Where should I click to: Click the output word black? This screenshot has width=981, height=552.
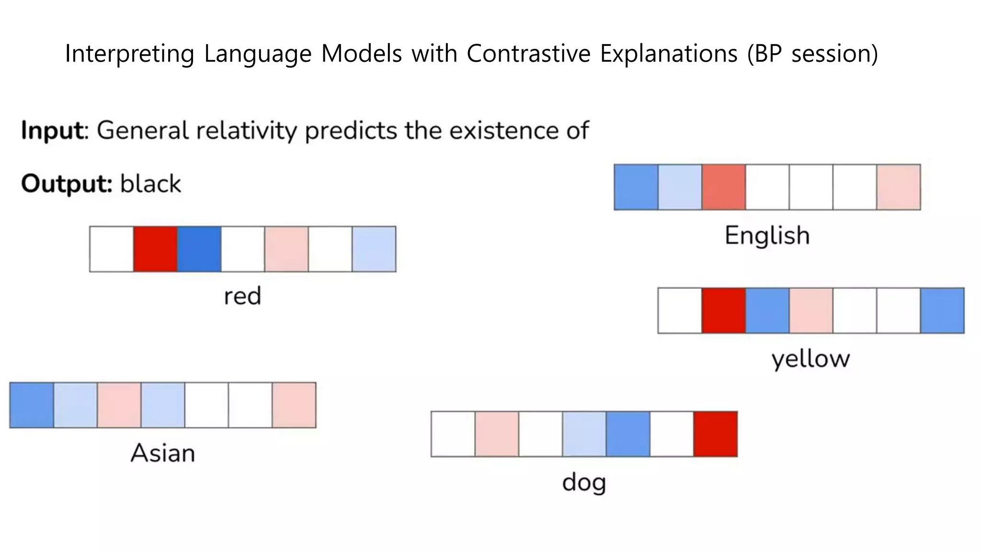[150, 184]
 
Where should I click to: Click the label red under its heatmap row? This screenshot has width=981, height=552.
[242, 296]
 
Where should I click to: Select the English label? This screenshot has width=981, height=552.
[767, 235]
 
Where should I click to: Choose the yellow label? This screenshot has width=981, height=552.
[810, 359]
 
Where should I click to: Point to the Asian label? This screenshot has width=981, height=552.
[163, 453]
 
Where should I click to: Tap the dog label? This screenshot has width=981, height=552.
[584, 483]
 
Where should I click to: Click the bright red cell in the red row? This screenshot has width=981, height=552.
[155, 249]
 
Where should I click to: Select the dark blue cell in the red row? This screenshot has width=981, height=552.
[199, 249]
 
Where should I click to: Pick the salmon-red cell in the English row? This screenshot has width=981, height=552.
[723, 187]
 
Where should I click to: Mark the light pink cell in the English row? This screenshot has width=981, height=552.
[898, 187]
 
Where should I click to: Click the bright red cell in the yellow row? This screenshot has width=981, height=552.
[723, 310]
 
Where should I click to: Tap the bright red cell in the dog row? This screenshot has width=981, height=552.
[715, 434]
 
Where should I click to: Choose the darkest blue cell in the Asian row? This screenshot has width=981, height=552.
[32, 405]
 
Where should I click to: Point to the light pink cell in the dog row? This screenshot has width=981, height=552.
[497, 434]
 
